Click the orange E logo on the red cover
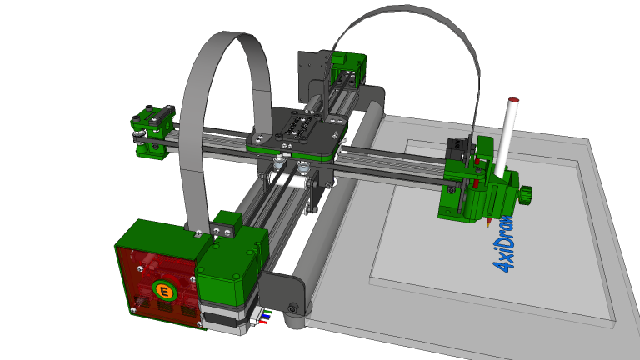coord(164,291)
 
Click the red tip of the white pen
coord(513,101)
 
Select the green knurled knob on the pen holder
coord(526,196)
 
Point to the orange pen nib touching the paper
coord(485,222)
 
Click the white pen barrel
coord(506,137)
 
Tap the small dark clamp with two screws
coord(226,225)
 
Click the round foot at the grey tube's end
coord(292,310)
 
